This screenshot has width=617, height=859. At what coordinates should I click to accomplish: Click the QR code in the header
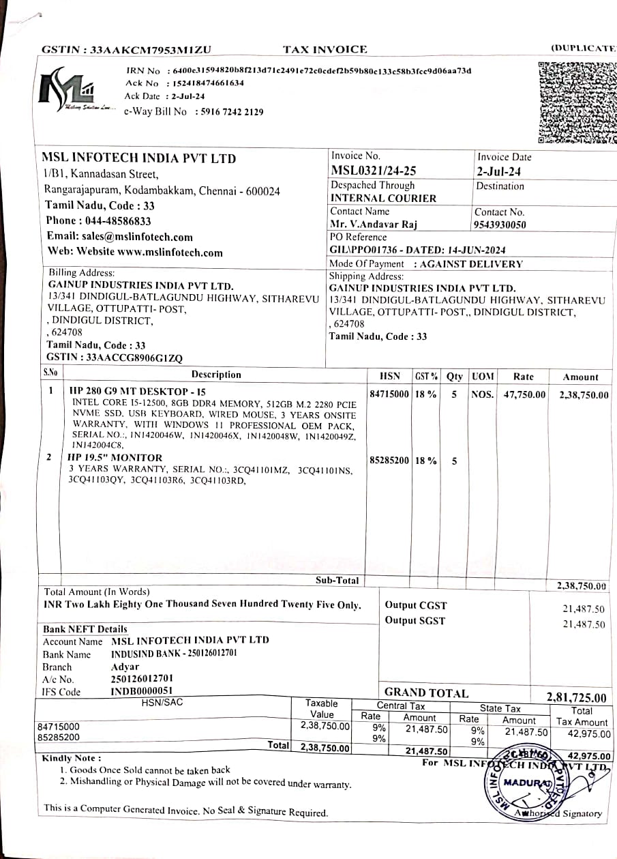[577, 102]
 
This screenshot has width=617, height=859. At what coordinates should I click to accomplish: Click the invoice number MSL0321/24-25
[374, 171]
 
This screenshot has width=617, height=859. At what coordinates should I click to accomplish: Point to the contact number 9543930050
[500, 224]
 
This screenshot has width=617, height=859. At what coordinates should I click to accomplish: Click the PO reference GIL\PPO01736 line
[417, 250]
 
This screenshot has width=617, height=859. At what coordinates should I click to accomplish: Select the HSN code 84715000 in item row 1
[389, 394]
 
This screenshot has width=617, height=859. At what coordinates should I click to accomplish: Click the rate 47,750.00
[524, 394]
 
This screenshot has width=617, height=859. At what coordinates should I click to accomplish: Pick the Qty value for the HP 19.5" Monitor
[454, 461]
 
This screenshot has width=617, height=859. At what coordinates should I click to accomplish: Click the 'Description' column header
[216, 375]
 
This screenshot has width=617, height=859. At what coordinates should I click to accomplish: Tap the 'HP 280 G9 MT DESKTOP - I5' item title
[137, 392]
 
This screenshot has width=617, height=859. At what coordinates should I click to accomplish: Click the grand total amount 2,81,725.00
[576, 697]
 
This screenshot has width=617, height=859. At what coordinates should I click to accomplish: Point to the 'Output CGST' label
[416, 605]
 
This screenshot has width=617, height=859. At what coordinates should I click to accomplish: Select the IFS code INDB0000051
[142, 691]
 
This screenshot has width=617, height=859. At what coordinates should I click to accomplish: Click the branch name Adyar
[125, 667]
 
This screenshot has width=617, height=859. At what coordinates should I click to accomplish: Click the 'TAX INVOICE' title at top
[325, 49]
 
